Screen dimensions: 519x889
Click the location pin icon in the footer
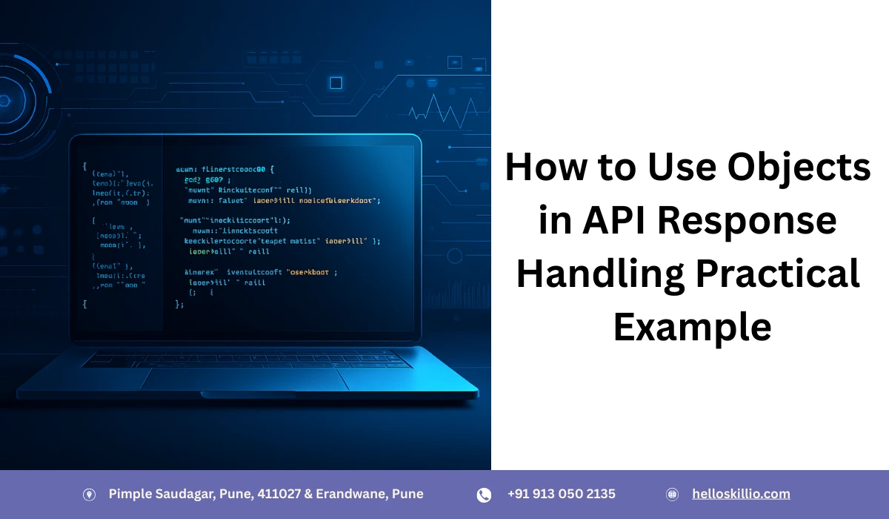pyautogui.click(x=89, y=495)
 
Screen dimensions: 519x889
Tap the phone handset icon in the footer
pyautogui.click(x=484, y=495)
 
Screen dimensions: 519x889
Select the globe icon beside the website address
pyautogui.click(x=673, y=495)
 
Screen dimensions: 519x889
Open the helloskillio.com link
pyautogui.click(x=741, y=494)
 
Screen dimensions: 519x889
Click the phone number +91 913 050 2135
pyautogui.click(x=561, y=494)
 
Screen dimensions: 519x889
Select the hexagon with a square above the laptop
pyautogui.click(x=336, y=82)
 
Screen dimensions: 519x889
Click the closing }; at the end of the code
pyautogui.click(x=179, y=304)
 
